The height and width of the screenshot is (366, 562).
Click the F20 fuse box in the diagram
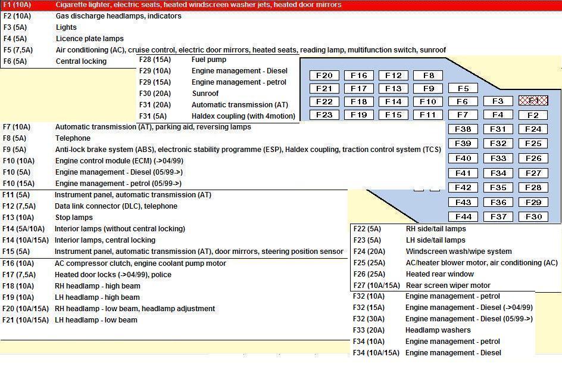324,76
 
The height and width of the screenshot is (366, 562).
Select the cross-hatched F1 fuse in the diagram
533,101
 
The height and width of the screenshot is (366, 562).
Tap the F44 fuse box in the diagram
463,217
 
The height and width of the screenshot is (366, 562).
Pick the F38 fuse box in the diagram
463,129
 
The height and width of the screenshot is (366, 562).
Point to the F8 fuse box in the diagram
428,76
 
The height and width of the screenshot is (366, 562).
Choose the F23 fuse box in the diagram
324,115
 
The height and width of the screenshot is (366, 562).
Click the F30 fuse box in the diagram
533,217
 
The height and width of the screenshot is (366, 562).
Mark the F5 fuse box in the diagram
463,89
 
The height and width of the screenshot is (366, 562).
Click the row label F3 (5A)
15,27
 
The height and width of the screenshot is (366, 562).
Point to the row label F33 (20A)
369,330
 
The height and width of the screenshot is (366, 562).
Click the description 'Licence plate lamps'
90,39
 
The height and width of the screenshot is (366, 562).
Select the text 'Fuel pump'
209,60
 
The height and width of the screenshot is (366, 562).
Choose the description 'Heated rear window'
440,274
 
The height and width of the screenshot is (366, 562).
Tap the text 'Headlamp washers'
438,330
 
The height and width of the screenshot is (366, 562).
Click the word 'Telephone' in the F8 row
73,138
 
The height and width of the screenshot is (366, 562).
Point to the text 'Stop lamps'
74,218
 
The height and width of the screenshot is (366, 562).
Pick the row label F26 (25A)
369,274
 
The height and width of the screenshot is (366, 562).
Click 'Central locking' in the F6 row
81,61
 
